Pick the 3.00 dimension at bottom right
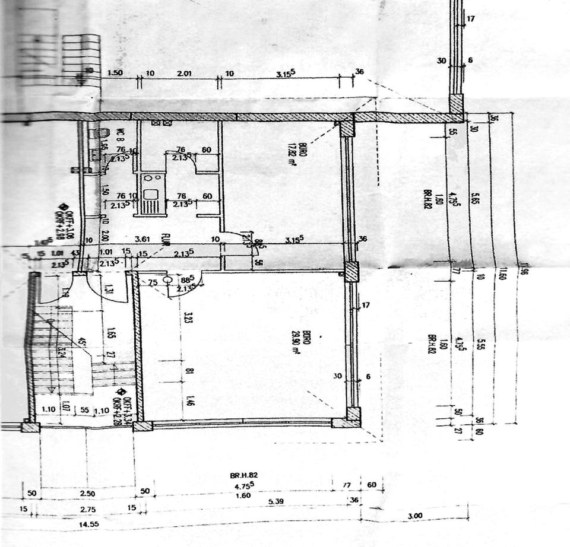click(x=415, y=516)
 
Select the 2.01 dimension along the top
click(x=185, y=74)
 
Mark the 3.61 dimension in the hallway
click(x=142, y=239)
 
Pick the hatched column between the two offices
click(x=351, y=272)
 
